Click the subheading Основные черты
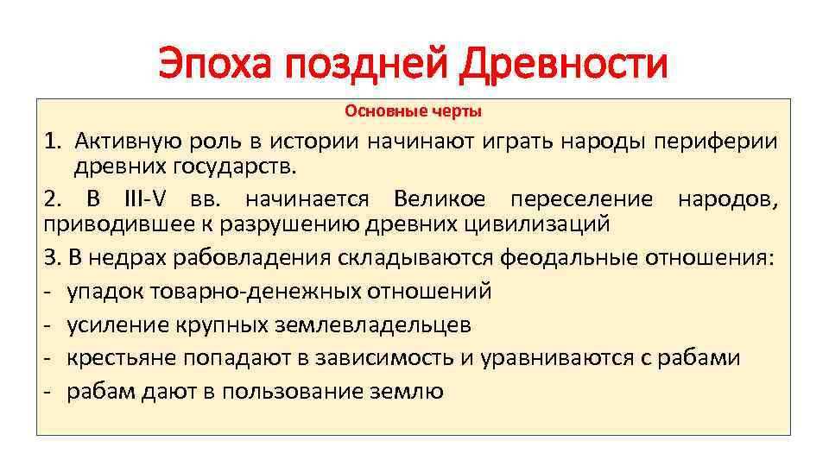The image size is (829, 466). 414,111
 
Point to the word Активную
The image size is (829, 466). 127,142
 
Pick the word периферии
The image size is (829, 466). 723,142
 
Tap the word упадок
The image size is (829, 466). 109,291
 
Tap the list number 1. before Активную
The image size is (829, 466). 53,142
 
